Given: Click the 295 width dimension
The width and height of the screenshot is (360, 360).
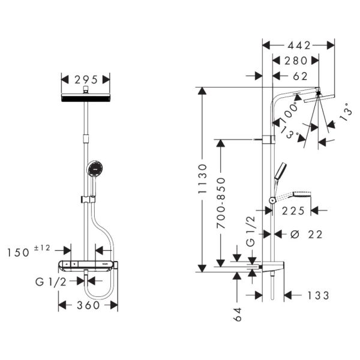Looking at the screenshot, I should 86,79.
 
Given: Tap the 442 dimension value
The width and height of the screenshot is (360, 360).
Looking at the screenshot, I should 298,45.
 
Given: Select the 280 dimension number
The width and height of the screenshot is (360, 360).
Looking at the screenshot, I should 296,60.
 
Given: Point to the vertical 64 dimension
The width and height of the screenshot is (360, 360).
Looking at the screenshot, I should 238,314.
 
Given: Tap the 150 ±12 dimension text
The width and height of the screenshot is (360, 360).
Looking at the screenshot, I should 31,252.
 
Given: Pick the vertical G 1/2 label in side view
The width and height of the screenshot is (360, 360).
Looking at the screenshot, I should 251,233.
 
